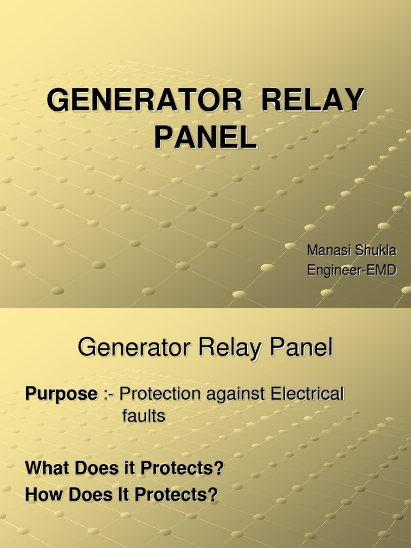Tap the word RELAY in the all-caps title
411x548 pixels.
[x=315, y=102]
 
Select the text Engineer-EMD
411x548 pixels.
[x=352, y=270]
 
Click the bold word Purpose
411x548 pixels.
[x=61, y=395]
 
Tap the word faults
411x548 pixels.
[x=143, y=416]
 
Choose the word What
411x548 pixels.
[x=48, y=468]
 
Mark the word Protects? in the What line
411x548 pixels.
[x=182, y=468]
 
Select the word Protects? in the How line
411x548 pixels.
[x=177, y=494]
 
